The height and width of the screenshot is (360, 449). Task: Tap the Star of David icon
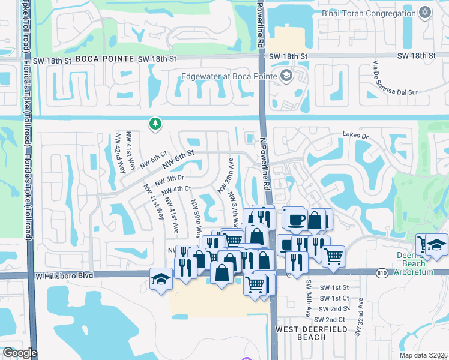click(x=425, y=12)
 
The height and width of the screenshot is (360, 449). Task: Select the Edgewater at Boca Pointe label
click(x=229, y=76)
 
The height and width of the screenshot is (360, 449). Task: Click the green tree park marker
click(x=155, y=124)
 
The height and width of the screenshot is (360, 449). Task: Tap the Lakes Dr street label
click(x=355, y=136)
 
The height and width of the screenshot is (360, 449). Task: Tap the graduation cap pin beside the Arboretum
click(x=436, y=244)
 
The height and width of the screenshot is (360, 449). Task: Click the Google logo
click(x=20, y=353)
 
